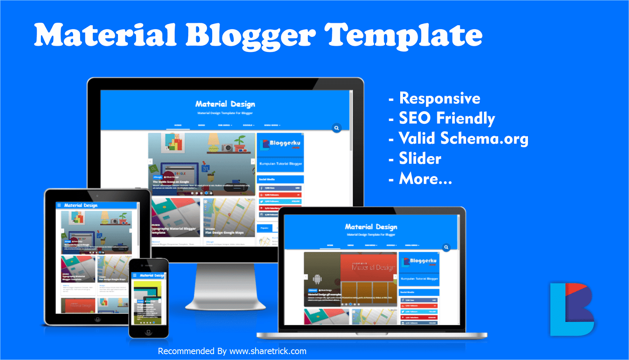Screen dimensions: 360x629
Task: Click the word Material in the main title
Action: point(105,35)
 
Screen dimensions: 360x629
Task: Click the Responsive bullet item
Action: point(439,98)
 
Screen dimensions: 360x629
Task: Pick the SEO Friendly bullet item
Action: point(447,118)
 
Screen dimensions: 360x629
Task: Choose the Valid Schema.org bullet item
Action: point(463,138)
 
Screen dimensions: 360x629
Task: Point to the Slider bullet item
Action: point(420,158)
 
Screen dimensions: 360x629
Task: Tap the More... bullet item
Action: point(425,179)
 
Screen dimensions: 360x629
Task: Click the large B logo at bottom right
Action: point(572,310)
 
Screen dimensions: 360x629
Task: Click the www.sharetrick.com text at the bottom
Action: point(268,351)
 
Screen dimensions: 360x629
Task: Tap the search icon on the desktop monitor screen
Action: point(337,128)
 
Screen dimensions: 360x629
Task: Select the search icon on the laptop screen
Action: point(446,247)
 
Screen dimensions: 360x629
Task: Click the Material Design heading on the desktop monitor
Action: point(225,104)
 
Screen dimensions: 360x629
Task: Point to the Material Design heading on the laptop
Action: point(371,227)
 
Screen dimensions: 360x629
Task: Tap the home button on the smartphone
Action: point(148,332)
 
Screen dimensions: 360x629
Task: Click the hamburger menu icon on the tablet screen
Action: point(59,205)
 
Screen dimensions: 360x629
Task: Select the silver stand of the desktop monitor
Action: point(225,287)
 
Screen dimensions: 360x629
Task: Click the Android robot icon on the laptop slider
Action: point(317,279)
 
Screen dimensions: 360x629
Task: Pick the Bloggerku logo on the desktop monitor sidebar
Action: point(280,144)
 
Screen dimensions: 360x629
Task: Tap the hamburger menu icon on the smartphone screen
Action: point(135,275)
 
